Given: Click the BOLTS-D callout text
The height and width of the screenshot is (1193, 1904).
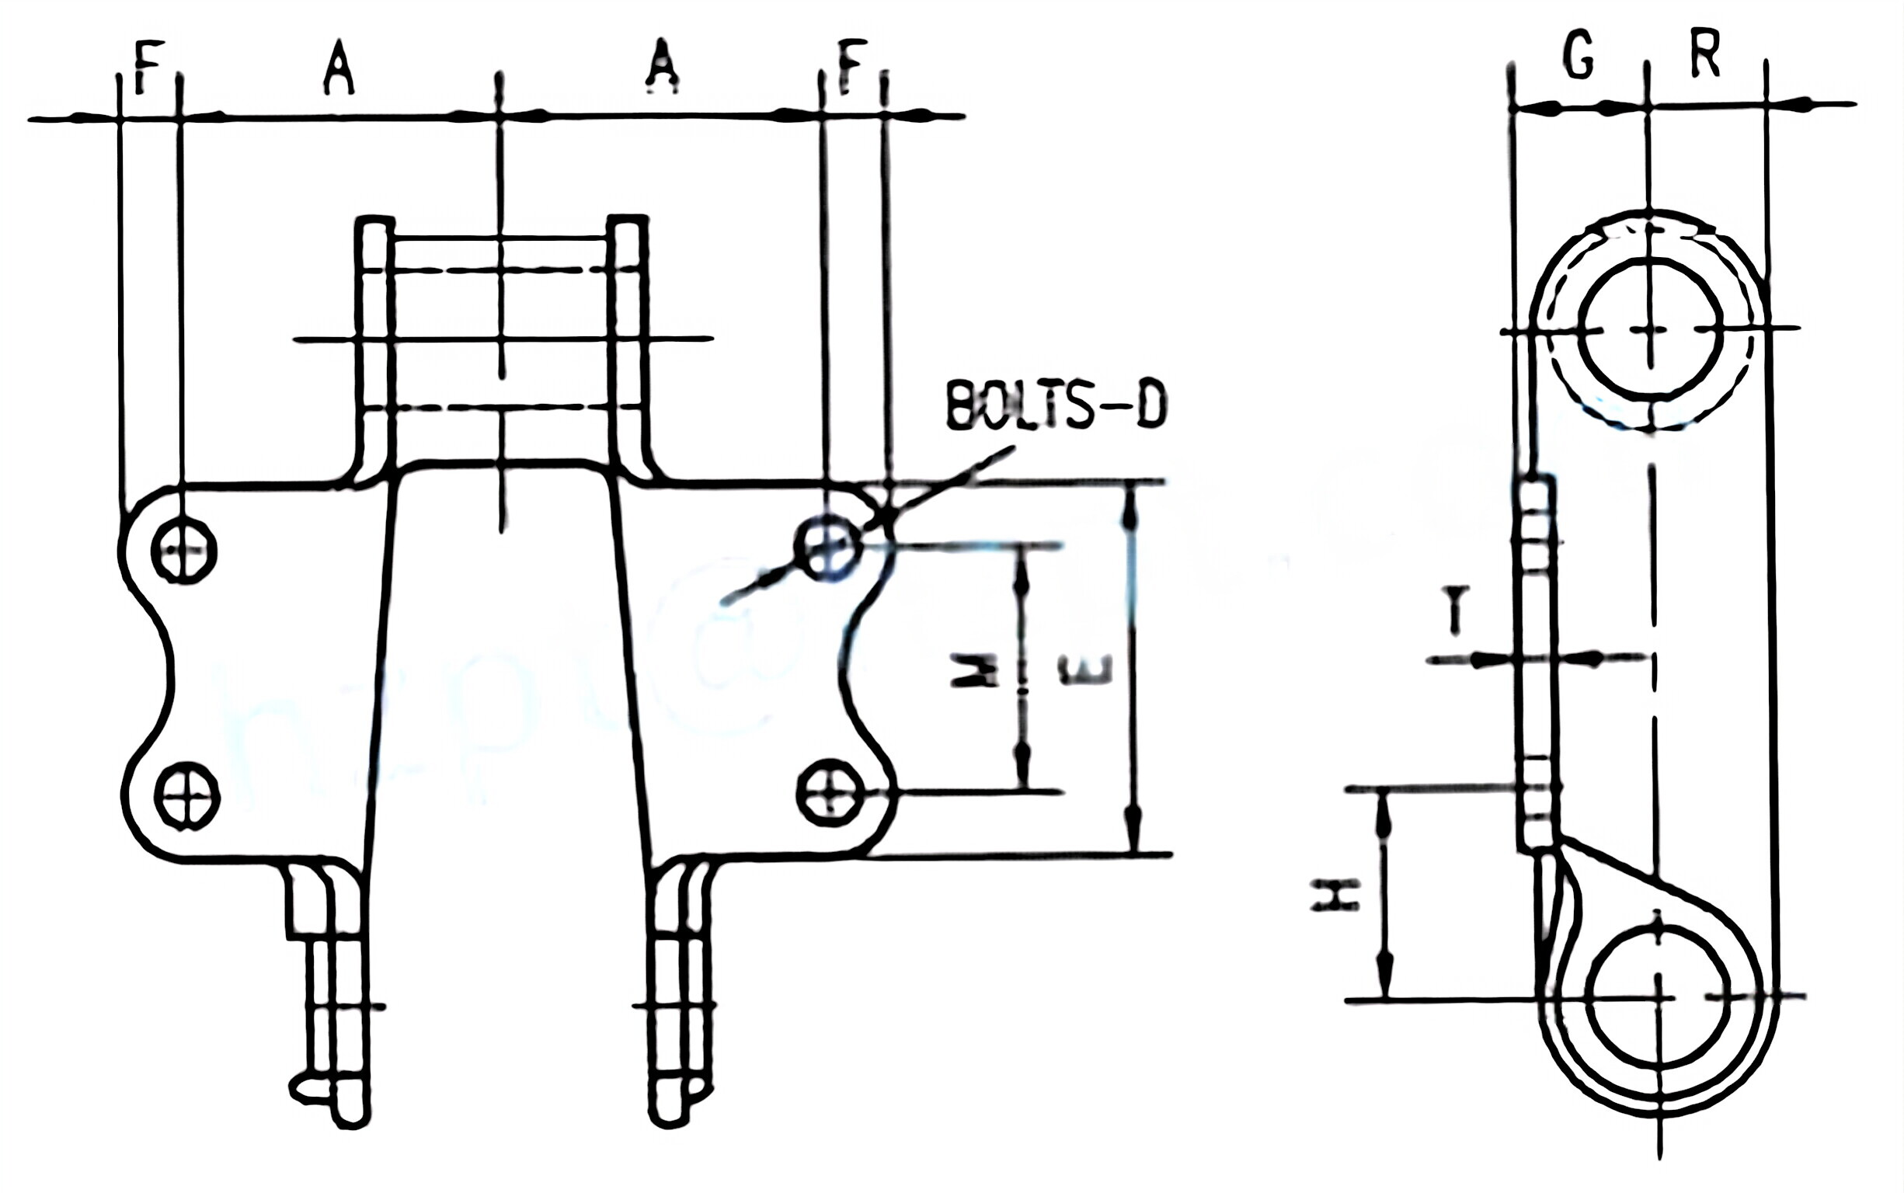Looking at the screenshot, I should (x=1056, y=407).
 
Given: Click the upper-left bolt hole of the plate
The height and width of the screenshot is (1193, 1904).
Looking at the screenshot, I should (x=183, y=550).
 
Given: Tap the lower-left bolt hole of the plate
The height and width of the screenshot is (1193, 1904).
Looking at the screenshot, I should (x=186, y=795).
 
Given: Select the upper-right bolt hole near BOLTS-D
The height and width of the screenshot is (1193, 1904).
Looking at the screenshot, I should (x=827, y=546).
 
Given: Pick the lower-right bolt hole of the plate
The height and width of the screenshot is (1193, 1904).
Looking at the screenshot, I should (x=830, y=791).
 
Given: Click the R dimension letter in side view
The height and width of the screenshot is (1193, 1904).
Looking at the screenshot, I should (x=1705, y=57).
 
